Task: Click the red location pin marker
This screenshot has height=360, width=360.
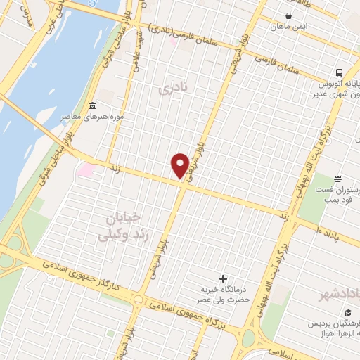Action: (180, 165)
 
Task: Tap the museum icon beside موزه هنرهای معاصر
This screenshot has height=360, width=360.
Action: (93, 106)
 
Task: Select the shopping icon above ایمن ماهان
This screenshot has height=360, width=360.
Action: (289, 15)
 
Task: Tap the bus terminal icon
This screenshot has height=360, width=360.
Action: (339, 72)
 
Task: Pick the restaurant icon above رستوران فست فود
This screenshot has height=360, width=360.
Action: (338, 179)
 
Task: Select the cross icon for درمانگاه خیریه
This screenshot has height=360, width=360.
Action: (224, 279)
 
